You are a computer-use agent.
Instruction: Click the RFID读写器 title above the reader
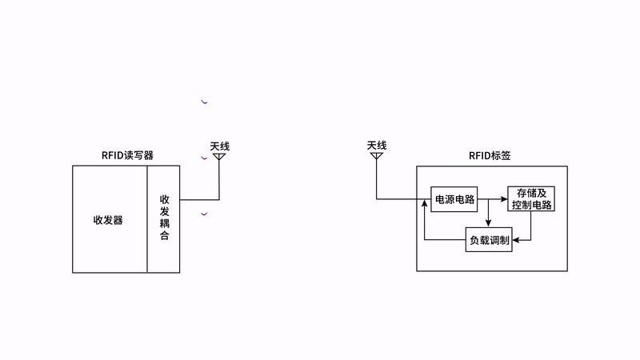pyautogui.click(x=127, y=155)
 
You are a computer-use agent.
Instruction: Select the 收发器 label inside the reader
pyautogui.click(x=108, y=220)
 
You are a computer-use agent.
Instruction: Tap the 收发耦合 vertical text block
pyautogui.click(x=164, y=218)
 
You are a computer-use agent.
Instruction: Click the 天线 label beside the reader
pyautogui.click(x=219, y=146)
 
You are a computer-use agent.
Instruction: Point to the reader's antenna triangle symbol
pyautogui.click(x=219, y=158)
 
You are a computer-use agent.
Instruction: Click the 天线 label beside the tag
pyautogui.click(x=377, y=145)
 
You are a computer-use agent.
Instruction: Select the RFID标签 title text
pyautogui.click(x=491, y=155)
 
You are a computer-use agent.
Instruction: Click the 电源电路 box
pyautogui.click(x=454, y=199)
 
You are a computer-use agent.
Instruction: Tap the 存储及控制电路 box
pyautogui.click(x=531, y=199)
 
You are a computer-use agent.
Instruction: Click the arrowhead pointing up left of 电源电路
pyautogui.click(x=424, y=206)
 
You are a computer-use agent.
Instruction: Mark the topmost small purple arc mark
pyautogui.click(x=204, y=102)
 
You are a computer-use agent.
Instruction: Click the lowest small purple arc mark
pyautogui.click(x=204, y=214)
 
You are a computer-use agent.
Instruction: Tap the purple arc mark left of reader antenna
pyautogui.click(x=204, y=158)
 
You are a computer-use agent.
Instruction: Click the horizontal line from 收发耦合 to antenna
pyautogui.click(x=198, y=199)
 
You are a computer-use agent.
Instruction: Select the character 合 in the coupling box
pyautogui.click(x=164, y=237)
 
